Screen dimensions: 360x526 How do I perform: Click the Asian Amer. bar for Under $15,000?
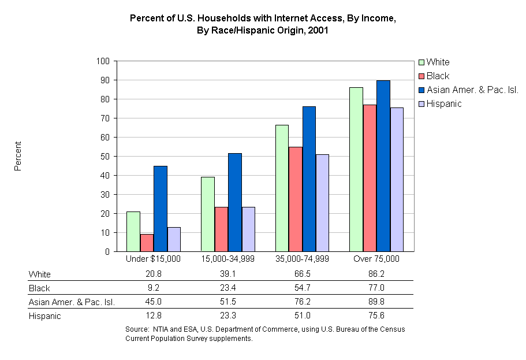click(161, 209)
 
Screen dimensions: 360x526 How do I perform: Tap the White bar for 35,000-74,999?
click(282, 188)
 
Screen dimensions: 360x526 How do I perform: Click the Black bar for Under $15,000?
click(147, 243)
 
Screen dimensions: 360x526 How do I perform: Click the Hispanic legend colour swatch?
click(421, 104)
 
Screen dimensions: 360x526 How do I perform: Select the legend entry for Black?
click(438, 76)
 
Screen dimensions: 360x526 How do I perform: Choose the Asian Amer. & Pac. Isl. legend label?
click(472, 90)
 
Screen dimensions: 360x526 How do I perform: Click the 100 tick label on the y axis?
click(104, 61)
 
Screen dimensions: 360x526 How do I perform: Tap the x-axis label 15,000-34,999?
click(227, 259)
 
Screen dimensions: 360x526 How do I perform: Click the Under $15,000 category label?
click(153, 259)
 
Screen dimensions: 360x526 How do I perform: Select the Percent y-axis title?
click(18, 156)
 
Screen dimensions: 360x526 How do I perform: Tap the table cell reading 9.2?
click(154, 288)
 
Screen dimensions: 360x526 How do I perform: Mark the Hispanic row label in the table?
click(44, 316)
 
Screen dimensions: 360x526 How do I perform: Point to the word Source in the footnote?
click(137, 329)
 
